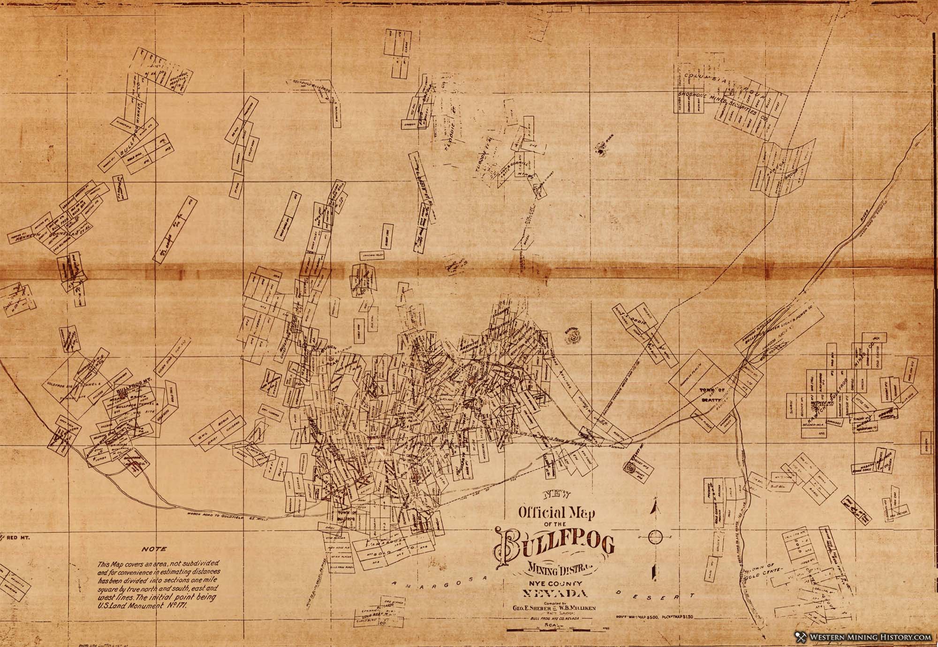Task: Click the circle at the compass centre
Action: [x=656, y=536]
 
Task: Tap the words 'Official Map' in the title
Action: [x=556, y=512]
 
